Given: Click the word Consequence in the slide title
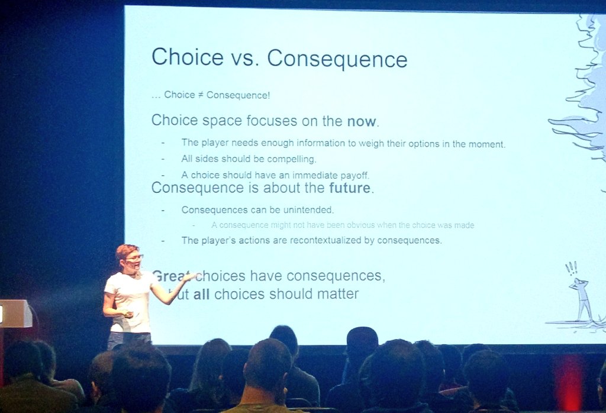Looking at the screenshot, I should click(x=337, y=59).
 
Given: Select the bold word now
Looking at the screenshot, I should click(x=361, y=122).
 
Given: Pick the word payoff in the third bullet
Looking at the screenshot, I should click(x=353, y=175).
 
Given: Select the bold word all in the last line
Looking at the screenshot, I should click(x=201, y=294).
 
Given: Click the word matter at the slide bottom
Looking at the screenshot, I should click(x=340, y=294).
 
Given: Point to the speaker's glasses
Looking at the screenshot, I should click(x=134, y=258).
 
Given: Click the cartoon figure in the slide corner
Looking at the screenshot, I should click(x=582, y=299).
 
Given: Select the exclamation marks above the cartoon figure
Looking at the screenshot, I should click(x=571, y=269).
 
